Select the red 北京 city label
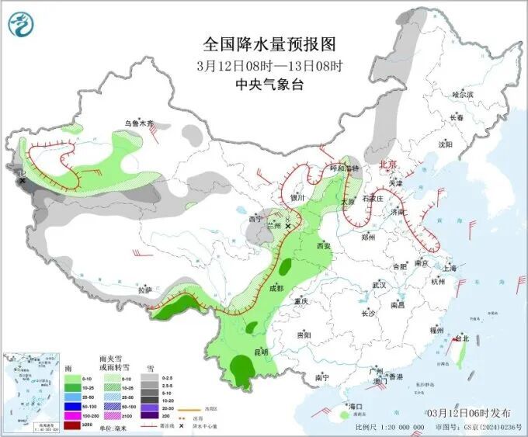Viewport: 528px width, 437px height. pos(387,165)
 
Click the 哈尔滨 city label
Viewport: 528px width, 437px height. pos(462,94)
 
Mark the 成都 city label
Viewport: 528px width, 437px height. pos(276,288)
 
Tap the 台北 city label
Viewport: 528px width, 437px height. pos(461,339)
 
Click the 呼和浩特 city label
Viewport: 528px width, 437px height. pos(344,168)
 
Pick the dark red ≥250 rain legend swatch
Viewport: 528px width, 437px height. pos(70,424)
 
